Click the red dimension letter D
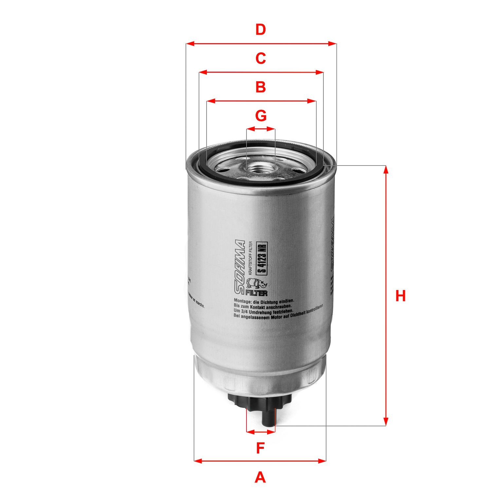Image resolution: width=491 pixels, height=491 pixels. pos(261,30)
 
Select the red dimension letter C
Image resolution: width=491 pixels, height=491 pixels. pos(261,59)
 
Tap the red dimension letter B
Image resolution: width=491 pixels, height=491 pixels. pos(261,87)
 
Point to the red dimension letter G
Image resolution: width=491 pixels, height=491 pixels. pos(261,116)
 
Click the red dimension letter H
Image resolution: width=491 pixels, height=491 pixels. pos(400,296)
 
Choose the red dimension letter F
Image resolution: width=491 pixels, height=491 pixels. pos(260,448)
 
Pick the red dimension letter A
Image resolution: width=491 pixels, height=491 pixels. pos(260,477)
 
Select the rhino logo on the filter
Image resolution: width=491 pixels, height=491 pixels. pos(257,283)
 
